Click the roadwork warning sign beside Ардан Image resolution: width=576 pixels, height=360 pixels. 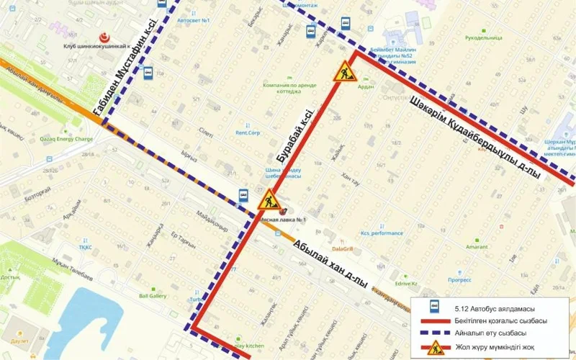[x=344, y=71]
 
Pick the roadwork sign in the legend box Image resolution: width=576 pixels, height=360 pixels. [x=434, y=348]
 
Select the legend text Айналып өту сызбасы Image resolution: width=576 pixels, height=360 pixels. [x=490, y=333]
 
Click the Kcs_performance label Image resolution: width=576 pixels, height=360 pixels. [x=382, y=233]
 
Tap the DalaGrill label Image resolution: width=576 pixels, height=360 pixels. [x=343, y=228]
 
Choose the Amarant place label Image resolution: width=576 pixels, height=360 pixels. [x=477, y=246]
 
